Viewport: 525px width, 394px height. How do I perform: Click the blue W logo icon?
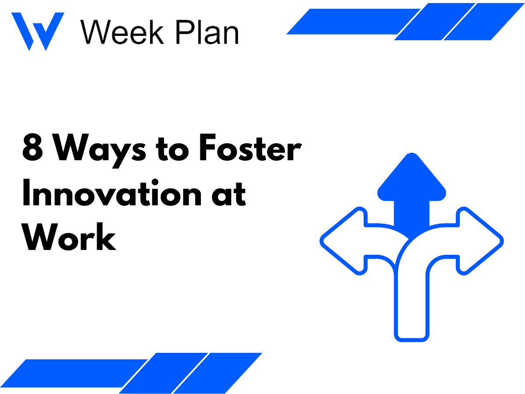coord(37,31)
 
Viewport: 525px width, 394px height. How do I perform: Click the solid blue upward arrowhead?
coord(411,179)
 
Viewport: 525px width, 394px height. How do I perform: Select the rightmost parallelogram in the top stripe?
coord(483,22)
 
